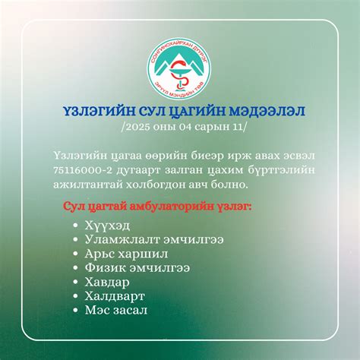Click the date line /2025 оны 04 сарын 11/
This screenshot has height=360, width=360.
coord(180,128)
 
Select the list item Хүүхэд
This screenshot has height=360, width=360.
coord(110,226)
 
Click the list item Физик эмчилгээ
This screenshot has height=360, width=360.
coord(140,267)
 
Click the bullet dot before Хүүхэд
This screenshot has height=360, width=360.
coord(75,226)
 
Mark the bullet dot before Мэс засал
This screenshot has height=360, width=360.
coord(75,310)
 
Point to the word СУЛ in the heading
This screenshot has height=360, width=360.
coord(147,112)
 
